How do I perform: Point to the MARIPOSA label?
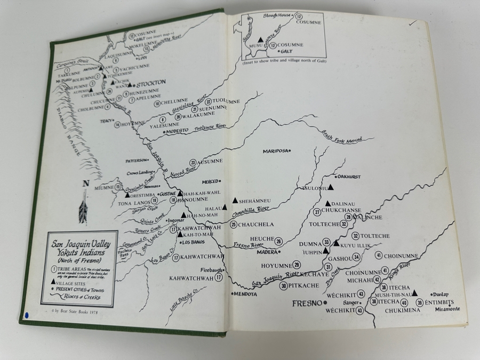(276, 151)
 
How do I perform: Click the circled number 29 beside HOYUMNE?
(297, 265)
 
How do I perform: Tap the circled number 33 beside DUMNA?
(326, 242)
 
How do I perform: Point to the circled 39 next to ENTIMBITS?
(420, 303)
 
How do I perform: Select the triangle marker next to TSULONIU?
(331, 187)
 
